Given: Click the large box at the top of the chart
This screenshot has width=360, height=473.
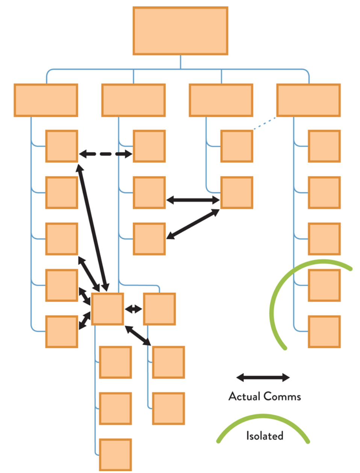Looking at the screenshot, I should click(x=180, y=31).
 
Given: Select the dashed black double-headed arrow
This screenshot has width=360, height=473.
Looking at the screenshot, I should click(x=106, y=154).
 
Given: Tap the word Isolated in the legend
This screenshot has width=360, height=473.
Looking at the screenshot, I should click(x=265, y=436).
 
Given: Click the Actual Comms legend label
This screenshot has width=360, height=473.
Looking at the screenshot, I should click(x=265, y=396).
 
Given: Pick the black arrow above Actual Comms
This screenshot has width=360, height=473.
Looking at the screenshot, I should click(x=263, y=377).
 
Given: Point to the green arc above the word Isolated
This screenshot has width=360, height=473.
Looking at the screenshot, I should click(x=263, y=417).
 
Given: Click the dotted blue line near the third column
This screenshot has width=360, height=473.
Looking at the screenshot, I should click(x=265, y=124).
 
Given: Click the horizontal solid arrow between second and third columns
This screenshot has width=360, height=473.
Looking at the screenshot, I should click(x=193, y=200).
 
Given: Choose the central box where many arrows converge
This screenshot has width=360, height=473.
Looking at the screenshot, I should click(x=107, y=309).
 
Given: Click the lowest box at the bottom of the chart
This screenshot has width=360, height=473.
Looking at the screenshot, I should click(x=115, y=455).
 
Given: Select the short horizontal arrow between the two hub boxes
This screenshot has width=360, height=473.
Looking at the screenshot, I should click(x=133, y=309).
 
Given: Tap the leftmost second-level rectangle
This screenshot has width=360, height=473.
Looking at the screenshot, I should click(x=46, y=100).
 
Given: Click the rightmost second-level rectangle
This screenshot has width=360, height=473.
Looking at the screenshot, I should click(x=309, y=100).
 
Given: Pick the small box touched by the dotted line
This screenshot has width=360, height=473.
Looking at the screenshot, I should click(x=237, y=146).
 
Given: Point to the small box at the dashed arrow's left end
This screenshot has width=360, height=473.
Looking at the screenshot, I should click(x=62, y=146).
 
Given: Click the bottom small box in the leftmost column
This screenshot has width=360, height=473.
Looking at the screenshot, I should click(x=62, y=331).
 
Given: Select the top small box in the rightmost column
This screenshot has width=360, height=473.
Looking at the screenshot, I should click(x=324, y=146).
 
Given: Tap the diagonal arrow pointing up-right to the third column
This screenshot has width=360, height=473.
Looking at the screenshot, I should click(x=193, y=224).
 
